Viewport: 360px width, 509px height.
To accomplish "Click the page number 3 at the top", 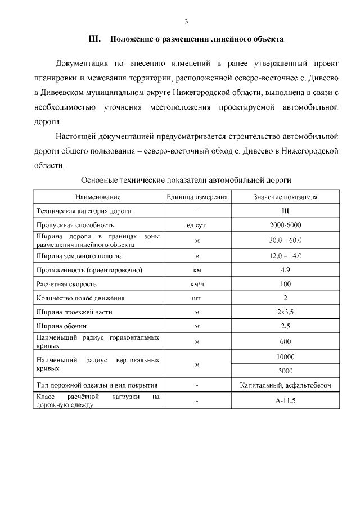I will coord(186,21).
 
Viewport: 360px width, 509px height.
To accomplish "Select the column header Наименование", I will coord(98,197).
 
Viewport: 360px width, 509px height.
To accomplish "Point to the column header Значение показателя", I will coord(285,197).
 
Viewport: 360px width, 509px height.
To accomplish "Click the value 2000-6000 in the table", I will coord(285,225).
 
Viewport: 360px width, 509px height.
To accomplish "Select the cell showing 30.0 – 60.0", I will coord(285,240).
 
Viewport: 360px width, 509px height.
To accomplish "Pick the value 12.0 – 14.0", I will coord(285,256).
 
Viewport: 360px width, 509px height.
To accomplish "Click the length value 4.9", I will coord(285,270).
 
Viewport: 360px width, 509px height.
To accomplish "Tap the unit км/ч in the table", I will coord(197,284).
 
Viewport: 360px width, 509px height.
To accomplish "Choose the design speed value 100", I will coord(285,284).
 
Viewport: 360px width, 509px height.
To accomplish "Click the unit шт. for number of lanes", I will coord(197,298).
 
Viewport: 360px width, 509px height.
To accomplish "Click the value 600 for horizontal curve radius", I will coord(285,341).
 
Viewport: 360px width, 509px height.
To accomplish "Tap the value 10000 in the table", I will coord(285,357).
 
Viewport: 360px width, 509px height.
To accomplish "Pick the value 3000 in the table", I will coord(285,371).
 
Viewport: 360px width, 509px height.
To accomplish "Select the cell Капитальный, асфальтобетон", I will coord(285,386).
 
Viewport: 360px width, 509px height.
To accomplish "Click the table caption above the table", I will coord(186,181).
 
